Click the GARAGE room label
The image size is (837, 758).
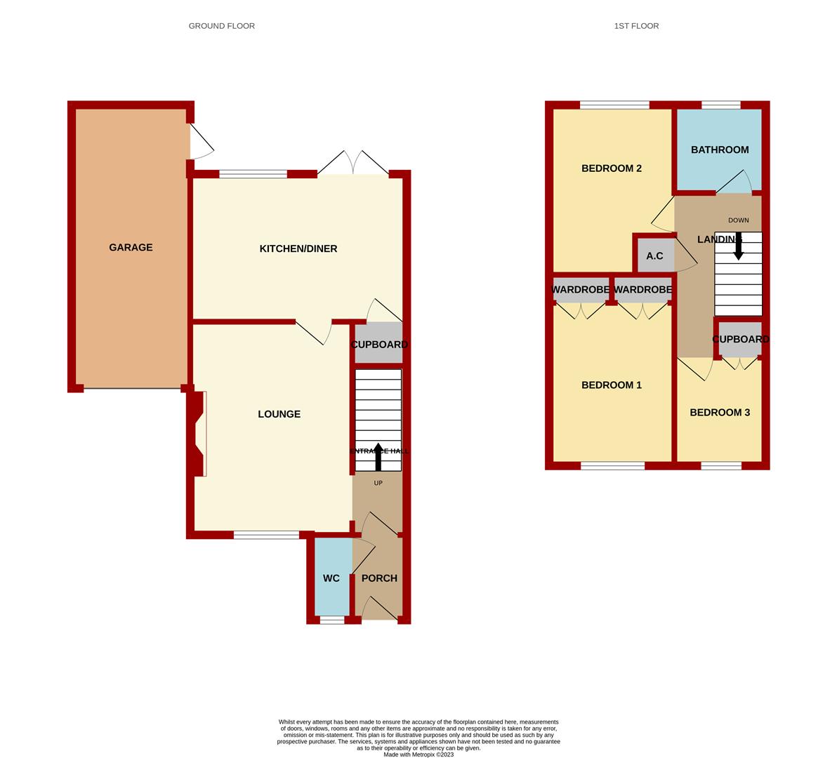pyautogui.click(x=131, y=248)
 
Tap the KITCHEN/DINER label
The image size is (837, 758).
pyautogui.click(x=298, y=249)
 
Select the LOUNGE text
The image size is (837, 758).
pyautogui.click(x=279, y=414)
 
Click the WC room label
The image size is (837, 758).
pyautogui.click(x=331, y=578)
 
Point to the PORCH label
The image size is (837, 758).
pyautogui.click(x=379, y=578)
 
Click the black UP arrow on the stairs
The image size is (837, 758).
pyautogui.click(x=378, y=457)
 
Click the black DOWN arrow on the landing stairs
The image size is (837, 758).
pyautogui.click(x=738, y=246)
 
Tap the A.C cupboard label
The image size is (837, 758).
pyautogui.click(x=654, y=256)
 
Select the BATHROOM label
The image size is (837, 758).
pyautogui.click(x=720, y=149)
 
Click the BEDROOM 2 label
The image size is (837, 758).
pyautogui.click(x=612, y=168)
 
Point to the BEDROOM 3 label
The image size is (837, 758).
pyautogui.click(x=720, y=413)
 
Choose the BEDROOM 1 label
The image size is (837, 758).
pyautogui.click(x=612, y=385)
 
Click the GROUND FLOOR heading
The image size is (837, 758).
pyautogui.click(x=222, y=26)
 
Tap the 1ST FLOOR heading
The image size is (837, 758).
pyautogui.click(x=636, y=26)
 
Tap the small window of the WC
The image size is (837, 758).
pyautogui.click(x=332, y=620)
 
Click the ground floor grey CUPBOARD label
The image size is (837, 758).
pyautogui.click(x=379, y=345)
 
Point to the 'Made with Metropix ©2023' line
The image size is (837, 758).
pyautogui.click(x=419, y=754)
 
